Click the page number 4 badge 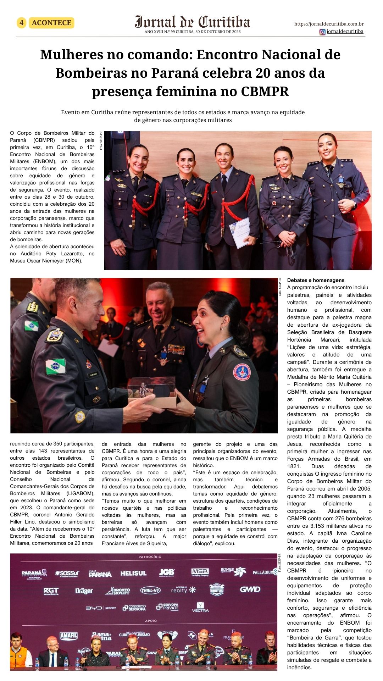(x=22, y=23)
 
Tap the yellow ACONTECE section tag (x=51, y=23)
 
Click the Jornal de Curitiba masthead (x=192, y=22)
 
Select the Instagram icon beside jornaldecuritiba (x=322, y=32)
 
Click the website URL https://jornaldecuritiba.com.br (x=329, y=24)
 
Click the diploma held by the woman (x=240, y=232)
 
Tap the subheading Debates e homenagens (x=311, y=280)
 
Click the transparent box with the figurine (x=152, y=391)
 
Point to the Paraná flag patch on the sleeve (x=55, y=366)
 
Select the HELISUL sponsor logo (x=133, y=573)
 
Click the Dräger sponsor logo (x=84, y=591)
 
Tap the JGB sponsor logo (x=166, y=572)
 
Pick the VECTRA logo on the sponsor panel (x=200, y=607)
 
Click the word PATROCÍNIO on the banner (x=150, y=557)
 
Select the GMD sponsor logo (x=250, y=589)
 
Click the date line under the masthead (x=192, y=32)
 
